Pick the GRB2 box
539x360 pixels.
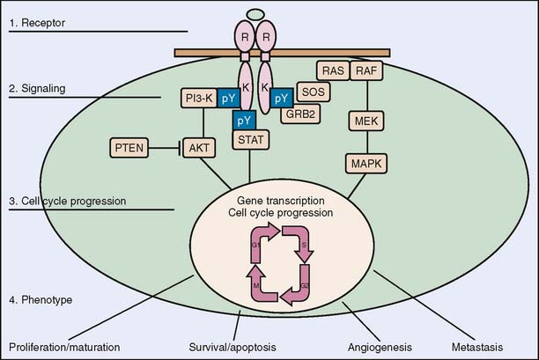(308, 113)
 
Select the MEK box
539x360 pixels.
(365, 118)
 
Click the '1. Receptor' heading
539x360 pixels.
(40, 20)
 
